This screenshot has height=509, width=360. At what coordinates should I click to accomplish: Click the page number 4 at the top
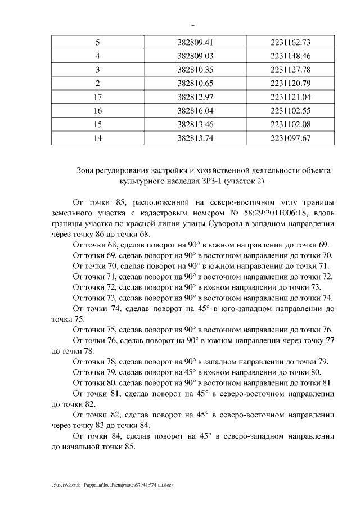193,25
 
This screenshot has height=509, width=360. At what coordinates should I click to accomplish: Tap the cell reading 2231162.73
290,42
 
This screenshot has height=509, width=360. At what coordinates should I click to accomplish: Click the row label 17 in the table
98,97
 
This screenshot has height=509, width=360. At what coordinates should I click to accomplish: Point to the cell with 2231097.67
290,138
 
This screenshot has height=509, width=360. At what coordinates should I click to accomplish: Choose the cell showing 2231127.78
290,70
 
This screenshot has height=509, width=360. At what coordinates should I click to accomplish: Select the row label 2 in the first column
98,83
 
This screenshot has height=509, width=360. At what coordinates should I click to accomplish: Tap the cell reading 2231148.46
290,56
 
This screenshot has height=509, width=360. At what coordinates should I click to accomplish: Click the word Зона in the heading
86,170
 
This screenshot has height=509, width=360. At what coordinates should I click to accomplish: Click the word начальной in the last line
89,447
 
